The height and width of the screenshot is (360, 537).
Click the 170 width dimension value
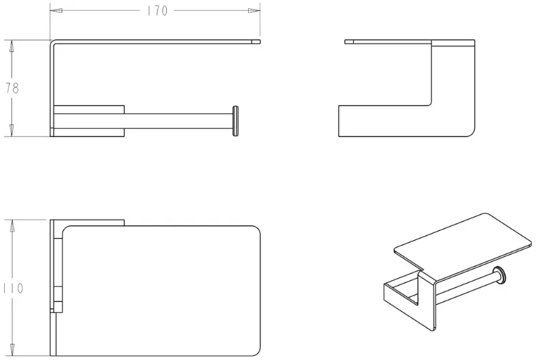[157, 11]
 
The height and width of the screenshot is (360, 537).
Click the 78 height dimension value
[12, 89]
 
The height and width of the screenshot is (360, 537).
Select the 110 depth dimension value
[14, 288]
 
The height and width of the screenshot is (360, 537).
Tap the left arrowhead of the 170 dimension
[56, 11]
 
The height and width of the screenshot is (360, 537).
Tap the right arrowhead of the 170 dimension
[254, 11]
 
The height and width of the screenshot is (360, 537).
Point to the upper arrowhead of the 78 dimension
[12, 46]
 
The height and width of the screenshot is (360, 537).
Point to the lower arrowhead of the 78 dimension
[12, 130]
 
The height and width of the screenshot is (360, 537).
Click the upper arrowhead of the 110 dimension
[12, 226]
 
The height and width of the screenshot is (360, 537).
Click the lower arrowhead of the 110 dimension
[12, 350]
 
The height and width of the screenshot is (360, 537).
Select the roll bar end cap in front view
[235, 121]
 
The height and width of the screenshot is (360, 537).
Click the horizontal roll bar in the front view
[179, 121]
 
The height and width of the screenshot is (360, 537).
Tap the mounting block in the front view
[89, 121]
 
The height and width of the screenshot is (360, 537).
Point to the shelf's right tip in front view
[260, 42]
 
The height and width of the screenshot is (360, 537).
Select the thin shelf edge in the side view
[388, 42]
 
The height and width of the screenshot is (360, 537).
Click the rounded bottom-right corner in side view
[471, 133]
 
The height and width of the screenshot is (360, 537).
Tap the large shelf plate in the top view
[162, 290]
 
